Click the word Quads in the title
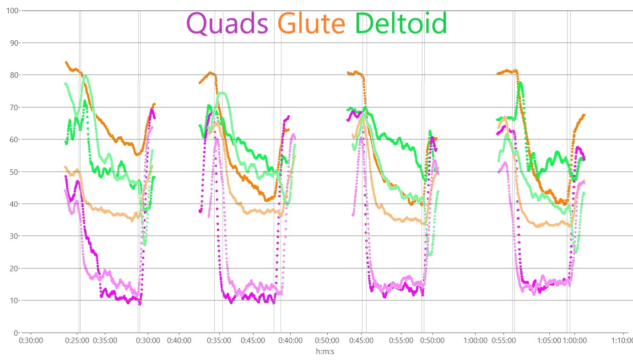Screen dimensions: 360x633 click(x=227, y=23)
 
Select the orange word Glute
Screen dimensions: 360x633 click(x=312, y=23)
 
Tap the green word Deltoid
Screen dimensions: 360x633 click(x=400, y=23)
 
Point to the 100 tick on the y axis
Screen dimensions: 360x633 click(x=11, y=10)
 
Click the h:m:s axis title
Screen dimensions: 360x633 click(x=325, y=351)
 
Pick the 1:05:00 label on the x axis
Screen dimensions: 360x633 click(x=548, y=341)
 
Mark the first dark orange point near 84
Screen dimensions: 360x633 click(x=66, y=62)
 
